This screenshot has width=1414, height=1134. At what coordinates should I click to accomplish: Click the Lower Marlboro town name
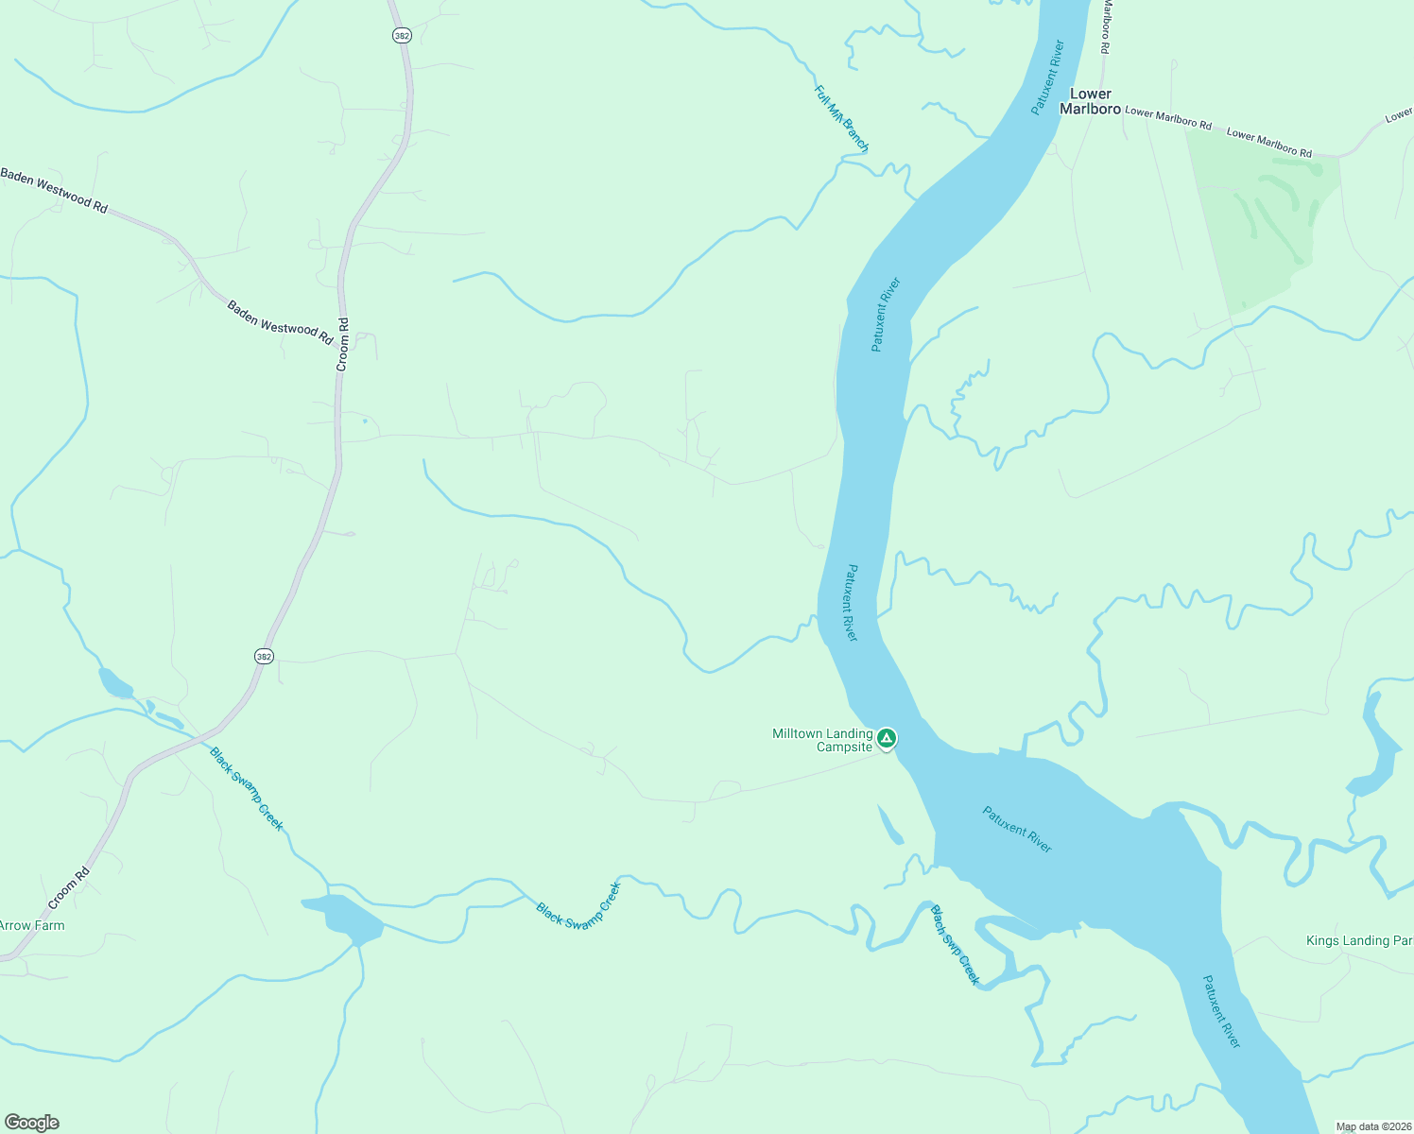point(1090,101)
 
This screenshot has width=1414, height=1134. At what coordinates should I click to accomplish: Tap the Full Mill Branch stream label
point(840,119)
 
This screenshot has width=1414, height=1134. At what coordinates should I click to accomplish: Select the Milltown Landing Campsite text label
point(822,740)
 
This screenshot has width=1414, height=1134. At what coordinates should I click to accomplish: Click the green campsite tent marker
point(886,737)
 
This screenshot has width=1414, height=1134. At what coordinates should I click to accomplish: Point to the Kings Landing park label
point(1359,940)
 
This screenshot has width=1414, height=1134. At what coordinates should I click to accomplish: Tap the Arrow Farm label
point(32,925)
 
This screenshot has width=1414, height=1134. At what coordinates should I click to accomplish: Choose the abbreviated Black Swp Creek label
point(955,945)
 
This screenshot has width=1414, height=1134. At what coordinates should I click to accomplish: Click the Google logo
point(32,1123)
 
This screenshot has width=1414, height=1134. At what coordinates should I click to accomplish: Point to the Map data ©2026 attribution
point(1372,1126)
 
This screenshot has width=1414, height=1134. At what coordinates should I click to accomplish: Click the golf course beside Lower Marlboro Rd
point(1267,217)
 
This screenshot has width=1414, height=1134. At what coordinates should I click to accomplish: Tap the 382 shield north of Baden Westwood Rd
point(400,35)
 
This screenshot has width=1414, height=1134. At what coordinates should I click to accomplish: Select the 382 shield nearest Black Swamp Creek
point(264,656)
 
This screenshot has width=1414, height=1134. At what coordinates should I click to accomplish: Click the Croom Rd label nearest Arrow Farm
point(68,888)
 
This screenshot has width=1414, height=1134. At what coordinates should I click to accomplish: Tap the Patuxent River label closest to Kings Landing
point(1220,1011)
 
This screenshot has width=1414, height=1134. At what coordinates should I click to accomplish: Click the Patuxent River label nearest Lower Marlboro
point(1047,77)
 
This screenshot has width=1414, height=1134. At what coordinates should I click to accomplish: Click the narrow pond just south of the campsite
point(889,825)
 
